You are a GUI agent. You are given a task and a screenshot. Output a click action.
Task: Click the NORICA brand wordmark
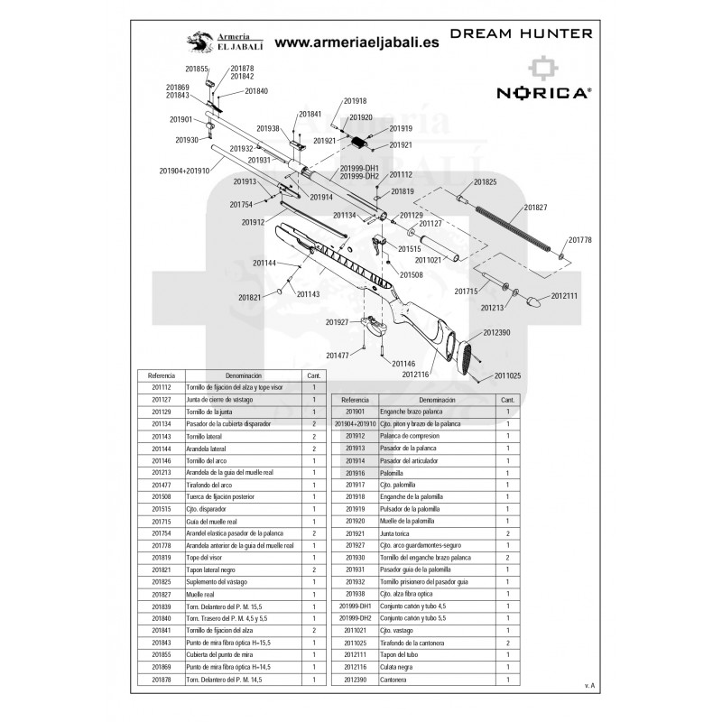tap(543, 92)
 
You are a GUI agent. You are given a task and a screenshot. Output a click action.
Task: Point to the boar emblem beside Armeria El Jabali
tap(198, 42)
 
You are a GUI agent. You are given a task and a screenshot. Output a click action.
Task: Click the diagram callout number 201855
tap(196, 69)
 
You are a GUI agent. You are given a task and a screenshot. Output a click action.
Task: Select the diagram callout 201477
tap(338, 355)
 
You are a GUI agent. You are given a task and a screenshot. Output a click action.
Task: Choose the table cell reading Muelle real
tap(200, 594)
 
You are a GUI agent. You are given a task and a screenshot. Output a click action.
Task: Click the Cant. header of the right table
tap(508, 398)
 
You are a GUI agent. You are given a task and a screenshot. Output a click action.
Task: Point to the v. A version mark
tap(589, 688)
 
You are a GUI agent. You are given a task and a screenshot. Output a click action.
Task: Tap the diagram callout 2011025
tap(513, 375)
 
